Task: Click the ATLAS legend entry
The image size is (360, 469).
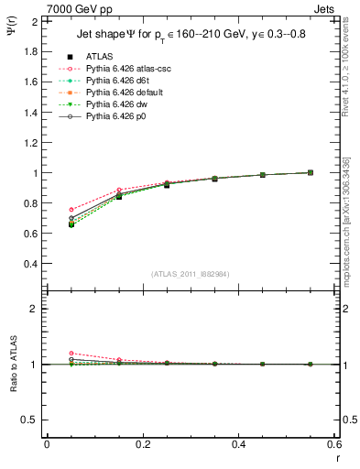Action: (x=98, y=55)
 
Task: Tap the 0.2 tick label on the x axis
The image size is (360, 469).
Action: (x=142, y=444)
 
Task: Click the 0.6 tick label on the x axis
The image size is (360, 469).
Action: (x=334, y=444)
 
